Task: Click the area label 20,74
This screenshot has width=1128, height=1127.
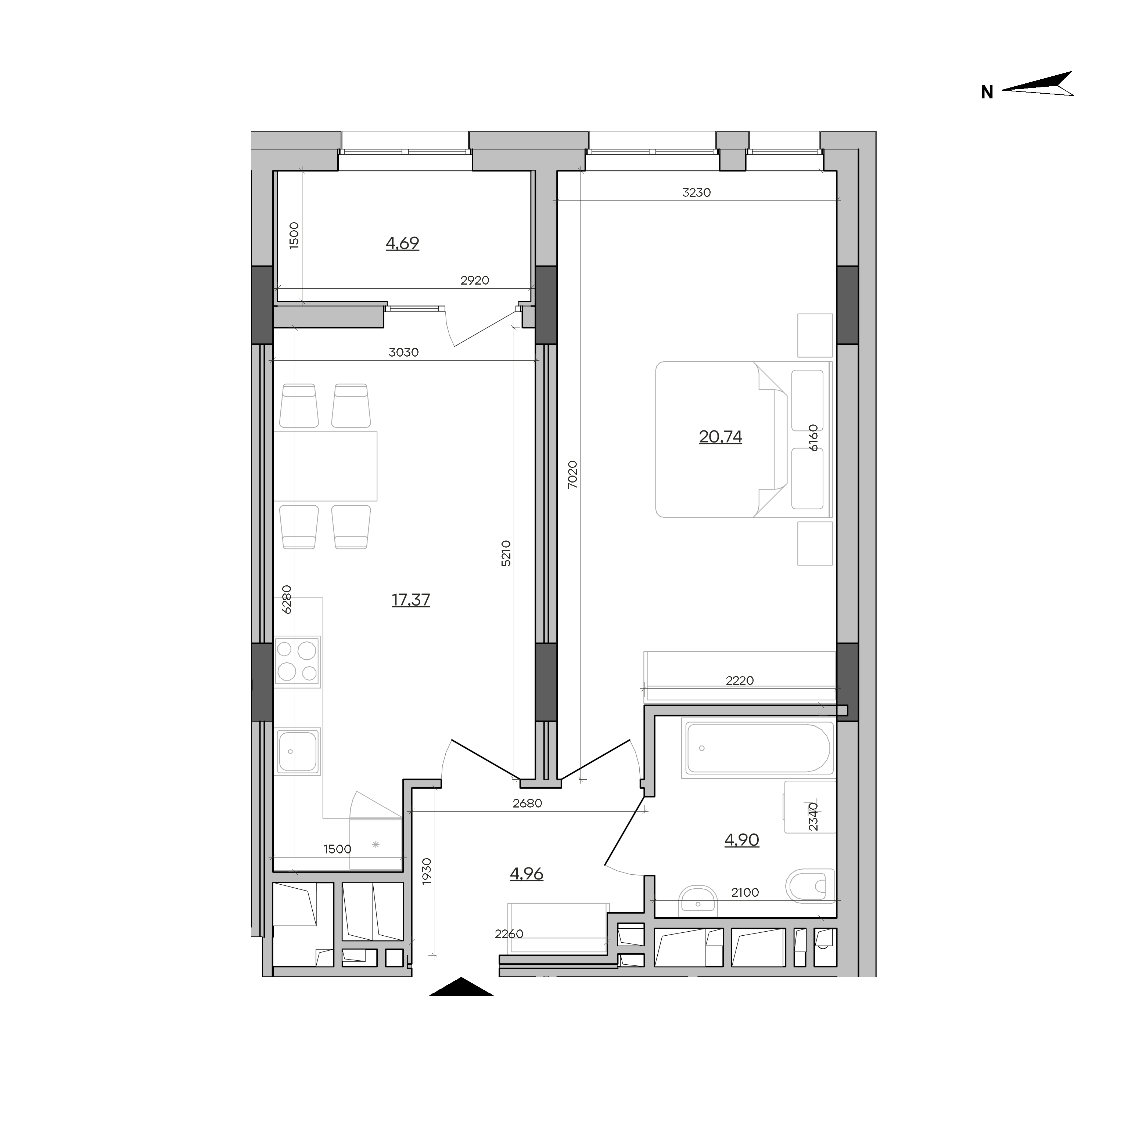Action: [721, 437]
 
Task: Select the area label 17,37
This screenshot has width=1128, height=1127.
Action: [411, 599]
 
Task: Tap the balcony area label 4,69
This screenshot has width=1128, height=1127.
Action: [402, 243]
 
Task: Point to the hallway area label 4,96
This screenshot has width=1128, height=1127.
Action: [527, 874]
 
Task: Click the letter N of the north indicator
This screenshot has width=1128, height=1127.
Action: [987, 92]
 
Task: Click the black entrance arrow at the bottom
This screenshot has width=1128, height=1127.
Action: [461, 986]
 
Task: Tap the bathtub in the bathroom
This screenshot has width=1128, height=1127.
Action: [758, 748]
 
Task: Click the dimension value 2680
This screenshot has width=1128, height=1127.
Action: [527, 803]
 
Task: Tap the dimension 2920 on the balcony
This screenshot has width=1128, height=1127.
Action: [475, 280]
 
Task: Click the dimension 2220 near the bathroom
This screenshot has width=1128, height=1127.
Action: [740, 680]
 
